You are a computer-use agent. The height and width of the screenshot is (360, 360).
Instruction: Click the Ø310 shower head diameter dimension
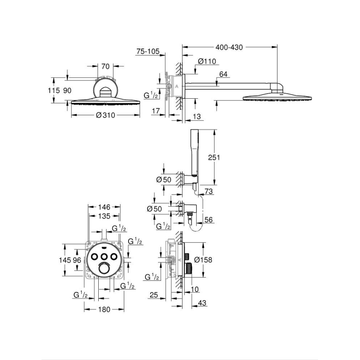tap(105, 116)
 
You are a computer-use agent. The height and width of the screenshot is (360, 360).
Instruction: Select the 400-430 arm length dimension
tap(229, 47)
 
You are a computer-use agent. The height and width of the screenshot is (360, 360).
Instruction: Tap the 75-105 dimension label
tap(148, 51)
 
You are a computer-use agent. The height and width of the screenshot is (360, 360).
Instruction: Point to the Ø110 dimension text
tap(207, 61)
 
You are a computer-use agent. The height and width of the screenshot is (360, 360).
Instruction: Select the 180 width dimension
tap(104, 309)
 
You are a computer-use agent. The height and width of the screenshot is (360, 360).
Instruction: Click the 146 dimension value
tap(104, 207)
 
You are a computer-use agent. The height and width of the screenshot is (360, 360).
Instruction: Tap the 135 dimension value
tap(104, 216)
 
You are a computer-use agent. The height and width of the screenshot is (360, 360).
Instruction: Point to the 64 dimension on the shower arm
tap(224, 74)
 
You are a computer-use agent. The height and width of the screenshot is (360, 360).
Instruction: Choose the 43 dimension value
tap(202, 303)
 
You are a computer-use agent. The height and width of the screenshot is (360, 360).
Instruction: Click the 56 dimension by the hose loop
tap(209, 220)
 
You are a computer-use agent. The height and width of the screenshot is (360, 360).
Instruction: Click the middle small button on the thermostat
tap(105, 256)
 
